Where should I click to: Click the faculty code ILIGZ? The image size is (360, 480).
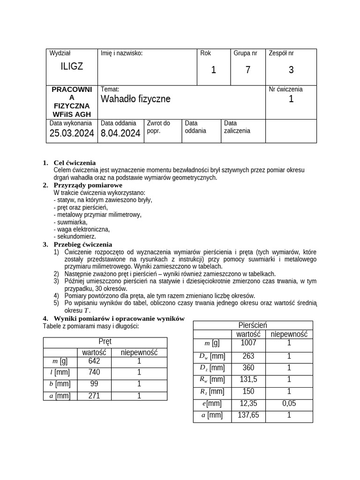tap(72, 67)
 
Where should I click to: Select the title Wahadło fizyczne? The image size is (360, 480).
tap(135, 99)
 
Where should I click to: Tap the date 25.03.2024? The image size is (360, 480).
tap(72, 134)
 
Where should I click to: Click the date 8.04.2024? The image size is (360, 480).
tap(120, 134)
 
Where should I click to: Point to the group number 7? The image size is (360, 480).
tap(247, 70)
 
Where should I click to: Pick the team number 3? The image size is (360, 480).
tap(291, 70)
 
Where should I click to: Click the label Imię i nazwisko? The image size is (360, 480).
tap(121, 53)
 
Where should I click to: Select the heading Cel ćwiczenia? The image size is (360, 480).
tap(75, 163)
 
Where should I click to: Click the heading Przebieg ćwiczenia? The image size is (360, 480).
tap(82, 244)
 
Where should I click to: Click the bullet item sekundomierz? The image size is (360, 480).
tap(75, 237)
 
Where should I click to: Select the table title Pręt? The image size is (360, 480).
tap(105, 342)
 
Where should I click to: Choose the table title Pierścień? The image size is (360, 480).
tap(253, 325)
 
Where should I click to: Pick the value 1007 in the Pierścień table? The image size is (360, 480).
tap(248, 343)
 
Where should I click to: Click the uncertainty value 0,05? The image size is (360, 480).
tap(289, 403)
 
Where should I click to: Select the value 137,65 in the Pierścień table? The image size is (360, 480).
tap(248, 415)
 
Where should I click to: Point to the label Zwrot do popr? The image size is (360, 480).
tap(158, 127)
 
